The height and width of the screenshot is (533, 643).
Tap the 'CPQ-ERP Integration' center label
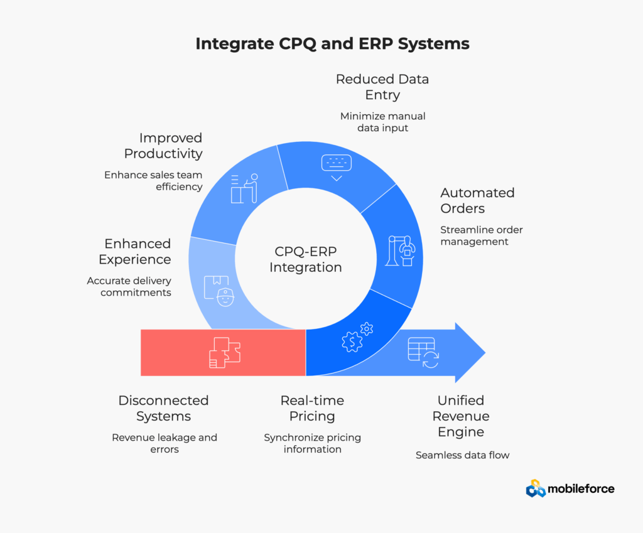[306, 259]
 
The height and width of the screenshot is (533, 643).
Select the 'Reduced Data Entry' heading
[382, 87]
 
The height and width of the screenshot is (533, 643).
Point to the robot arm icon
[401, 250]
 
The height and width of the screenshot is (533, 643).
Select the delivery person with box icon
[219, 290]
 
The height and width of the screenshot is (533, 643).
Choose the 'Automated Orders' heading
[477, 200]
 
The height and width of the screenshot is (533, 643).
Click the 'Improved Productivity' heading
[163, 146]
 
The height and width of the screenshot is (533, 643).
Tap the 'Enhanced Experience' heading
[138, 251]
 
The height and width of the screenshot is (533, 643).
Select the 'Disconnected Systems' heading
[163, 408]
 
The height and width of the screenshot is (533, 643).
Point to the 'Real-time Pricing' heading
[312, 408]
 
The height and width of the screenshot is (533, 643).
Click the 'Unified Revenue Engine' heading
[461, 416]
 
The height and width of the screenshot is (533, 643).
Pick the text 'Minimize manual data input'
[382, 122]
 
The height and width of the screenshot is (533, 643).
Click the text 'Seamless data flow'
[462, 455]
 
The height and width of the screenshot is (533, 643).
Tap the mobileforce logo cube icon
[535, 488]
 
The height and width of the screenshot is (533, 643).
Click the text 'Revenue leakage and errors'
[164, 443]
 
